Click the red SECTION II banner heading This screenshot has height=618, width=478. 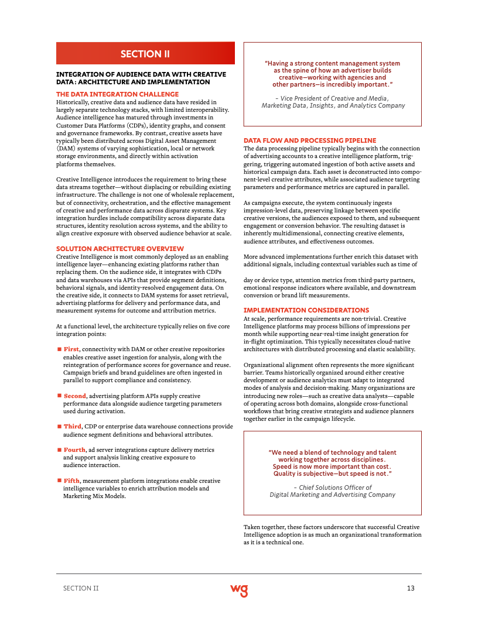(145, 54)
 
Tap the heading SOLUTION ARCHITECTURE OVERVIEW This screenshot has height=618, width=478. (119, 249)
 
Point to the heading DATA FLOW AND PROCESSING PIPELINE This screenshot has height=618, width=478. (310, 140)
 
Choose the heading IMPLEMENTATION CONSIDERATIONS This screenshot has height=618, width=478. (306, 310)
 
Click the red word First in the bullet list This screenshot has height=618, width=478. (71, 349)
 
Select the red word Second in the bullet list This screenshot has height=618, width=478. (74, 396)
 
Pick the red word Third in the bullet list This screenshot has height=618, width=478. (72, 427)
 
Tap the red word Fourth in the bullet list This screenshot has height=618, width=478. (74, 450)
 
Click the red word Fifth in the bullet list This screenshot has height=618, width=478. (71, 480)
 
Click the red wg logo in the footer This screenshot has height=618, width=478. (239, 589)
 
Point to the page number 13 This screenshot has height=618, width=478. (411, 588)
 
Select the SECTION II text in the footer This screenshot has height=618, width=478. (81, 588)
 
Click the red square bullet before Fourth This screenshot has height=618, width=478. (59, 450)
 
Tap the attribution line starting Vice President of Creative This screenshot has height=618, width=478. (332, 98)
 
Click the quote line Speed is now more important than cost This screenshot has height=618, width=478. (332, 466)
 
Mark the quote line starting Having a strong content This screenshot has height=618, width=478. (332, 63)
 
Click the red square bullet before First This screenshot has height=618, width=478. (59, 349)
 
